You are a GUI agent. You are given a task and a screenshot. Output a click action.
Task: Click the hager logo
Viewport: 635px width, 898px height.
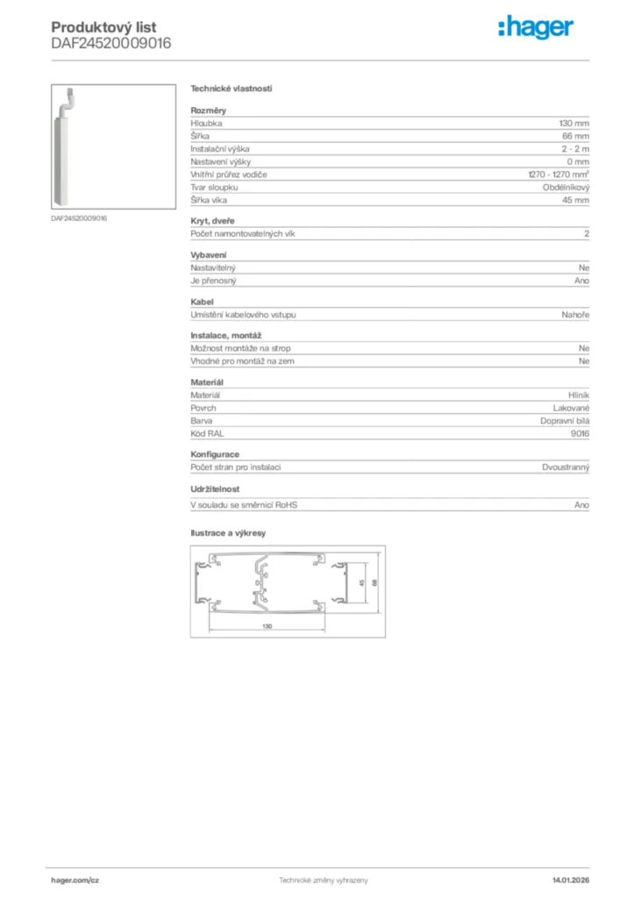click(x=537, y=28)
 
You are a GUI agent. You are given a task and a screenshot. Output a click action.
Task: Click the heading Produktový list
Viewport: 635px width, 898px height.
click(x=103, y=28)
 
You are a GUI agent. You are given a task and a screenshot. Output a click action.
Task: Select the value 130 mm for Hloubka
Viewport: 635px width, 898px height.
click(x=574, y=125)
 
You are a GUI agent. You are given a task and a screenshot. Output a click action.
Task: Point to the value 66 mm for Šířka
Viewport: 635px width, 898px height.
click(x=575, y=137)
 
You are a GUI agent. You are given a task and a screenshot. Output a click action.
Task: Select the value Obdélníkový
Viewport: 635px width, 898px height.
click(x=566, y=188)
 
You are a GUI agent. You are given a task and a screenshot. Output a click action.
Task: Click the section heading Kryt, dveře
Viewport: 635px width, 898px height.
click(x=212, y=221)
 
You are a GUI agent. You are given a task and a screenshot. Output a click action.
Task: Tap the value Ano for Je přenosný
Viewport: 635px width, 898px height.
click(x=581, y=281)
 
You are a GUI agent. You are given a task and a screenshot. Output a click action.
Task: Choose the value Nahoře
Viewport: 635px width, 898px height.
click(x=575, y=314)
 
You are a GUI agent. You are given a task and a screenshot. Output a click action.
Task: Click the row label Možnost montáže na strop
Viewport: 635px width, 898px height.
click(x=240, y=348)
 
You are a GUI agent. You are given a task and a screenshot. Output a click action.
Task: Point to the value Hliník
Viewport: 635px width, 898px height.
click(x=579, y=396)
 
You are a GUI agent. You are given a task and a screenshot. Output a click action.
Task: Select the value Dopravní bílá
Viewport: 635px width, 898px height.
click(x=565, y=421)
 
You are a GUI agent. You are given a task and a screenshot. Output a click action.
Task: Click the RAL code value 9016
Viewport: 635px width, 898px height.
click(x=580, y=433)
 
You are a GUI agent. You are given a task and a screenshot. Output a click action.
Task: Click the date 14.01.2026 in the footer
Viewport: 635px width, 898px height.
click(x=571, y=880)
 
